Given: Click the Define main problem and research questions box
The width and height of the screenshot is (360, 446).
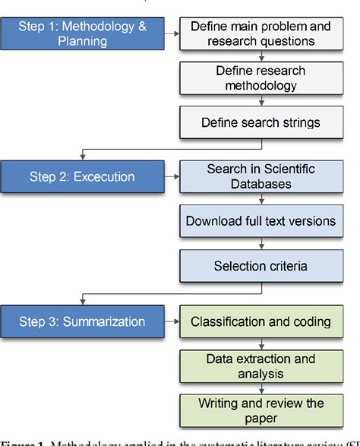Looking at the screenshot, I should point(261,33).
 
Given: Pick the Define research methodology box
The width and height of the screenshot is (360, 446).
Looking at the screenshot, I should point(261,78).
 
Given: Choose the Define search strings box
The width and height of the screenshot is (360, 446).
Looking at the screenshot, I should point(261,122).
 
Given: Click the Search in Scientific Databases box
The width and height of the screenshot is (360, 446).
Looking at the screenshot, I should point(261,176).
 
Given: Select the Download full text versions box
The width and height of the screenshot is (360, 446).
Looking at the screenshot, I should point(261,221).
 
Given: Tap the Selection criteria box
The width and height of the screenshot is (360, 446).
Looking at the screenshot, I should point(261,266).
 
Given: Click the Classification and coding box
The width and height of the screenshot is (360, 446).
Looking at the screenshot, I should point(261,321).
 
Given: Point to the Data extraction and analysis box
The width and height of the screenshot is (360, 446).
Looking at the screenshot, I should point(261,365).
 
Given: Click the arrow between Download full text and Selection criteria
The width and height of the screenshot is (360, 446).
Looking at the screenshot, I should point(261,244).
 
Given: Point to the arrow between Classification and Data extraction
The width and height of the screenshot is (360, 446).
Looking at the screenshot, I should point(261,343).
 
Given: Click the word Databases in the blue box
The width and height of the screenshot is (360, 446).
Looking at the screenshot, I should point(261,184).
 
